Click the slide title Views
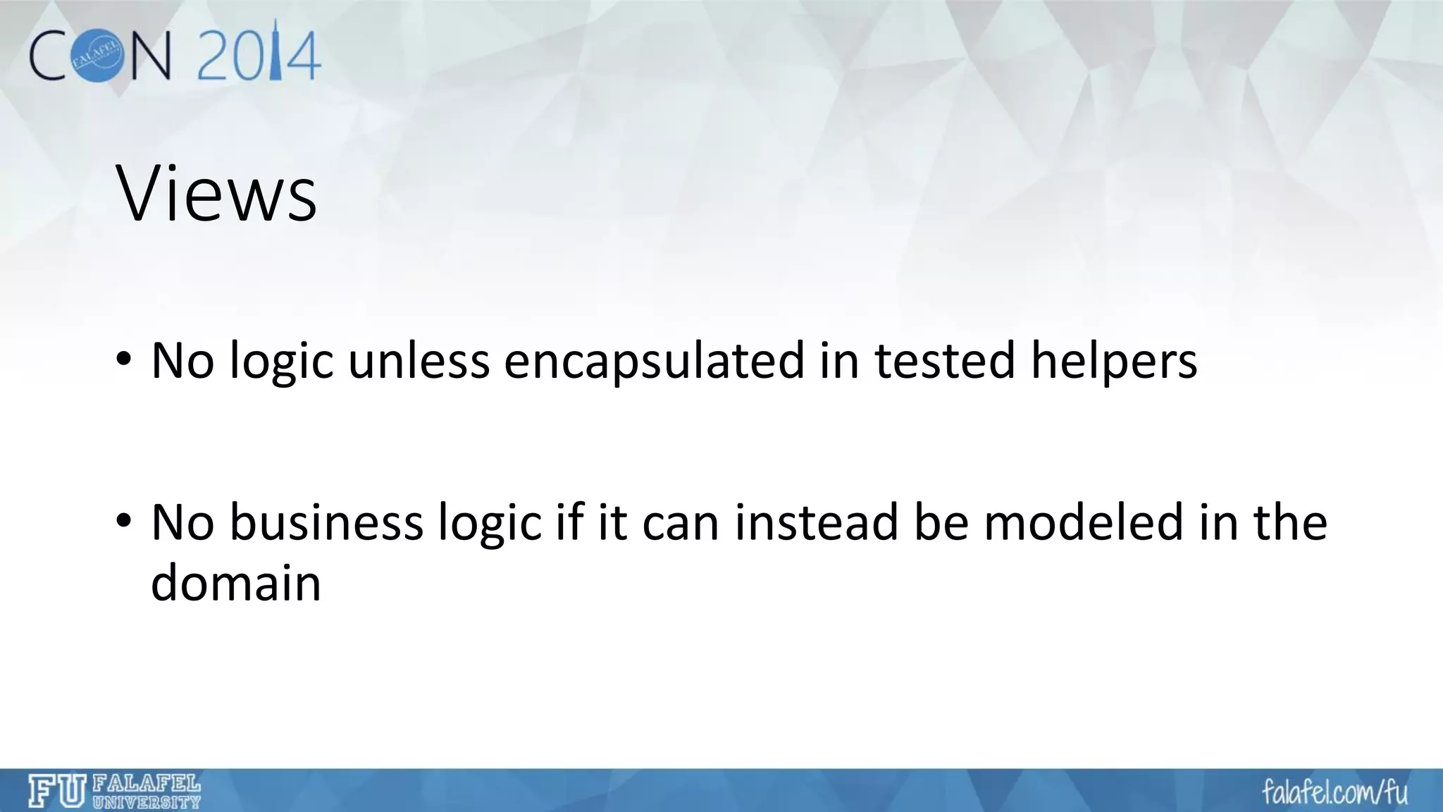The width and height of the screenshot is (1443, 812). pyautogui.click(x=216, y=193)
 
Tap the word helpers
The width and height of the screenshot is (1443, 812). pyautogui.click(x=1114, y=361)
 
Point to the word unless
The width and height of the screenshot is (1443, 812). pyautogui.click(x=419, y=361)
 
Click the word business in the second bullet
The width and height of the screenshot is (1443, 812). pyautogui.click(x=326, y=522)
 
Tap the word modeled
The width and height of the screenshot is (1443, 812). pyautogui.click(x=1084, y=522)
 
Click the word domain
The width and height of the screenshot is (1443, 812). pyautogui.click(x=236, y=584)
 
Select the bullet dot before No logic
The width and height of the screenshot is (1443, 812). pyautogui.click(x=124, y=359)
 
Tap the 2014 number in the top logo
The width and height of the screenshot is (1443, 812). pyautogui.click(x=259, y=55)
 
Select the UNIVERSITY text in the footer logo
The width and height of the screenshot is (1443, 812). pyautogui.click(x=147, y=802)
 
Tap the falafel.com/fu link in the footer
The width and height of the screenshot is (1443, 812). pyautogui.click(x=1334, y=792)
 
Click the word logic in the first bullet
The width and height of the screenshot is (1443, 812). pyautogui.click(x=281, y=361)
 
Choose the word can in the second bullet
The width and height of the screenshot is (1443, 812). pyautogui.click(x=680, y=522)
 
